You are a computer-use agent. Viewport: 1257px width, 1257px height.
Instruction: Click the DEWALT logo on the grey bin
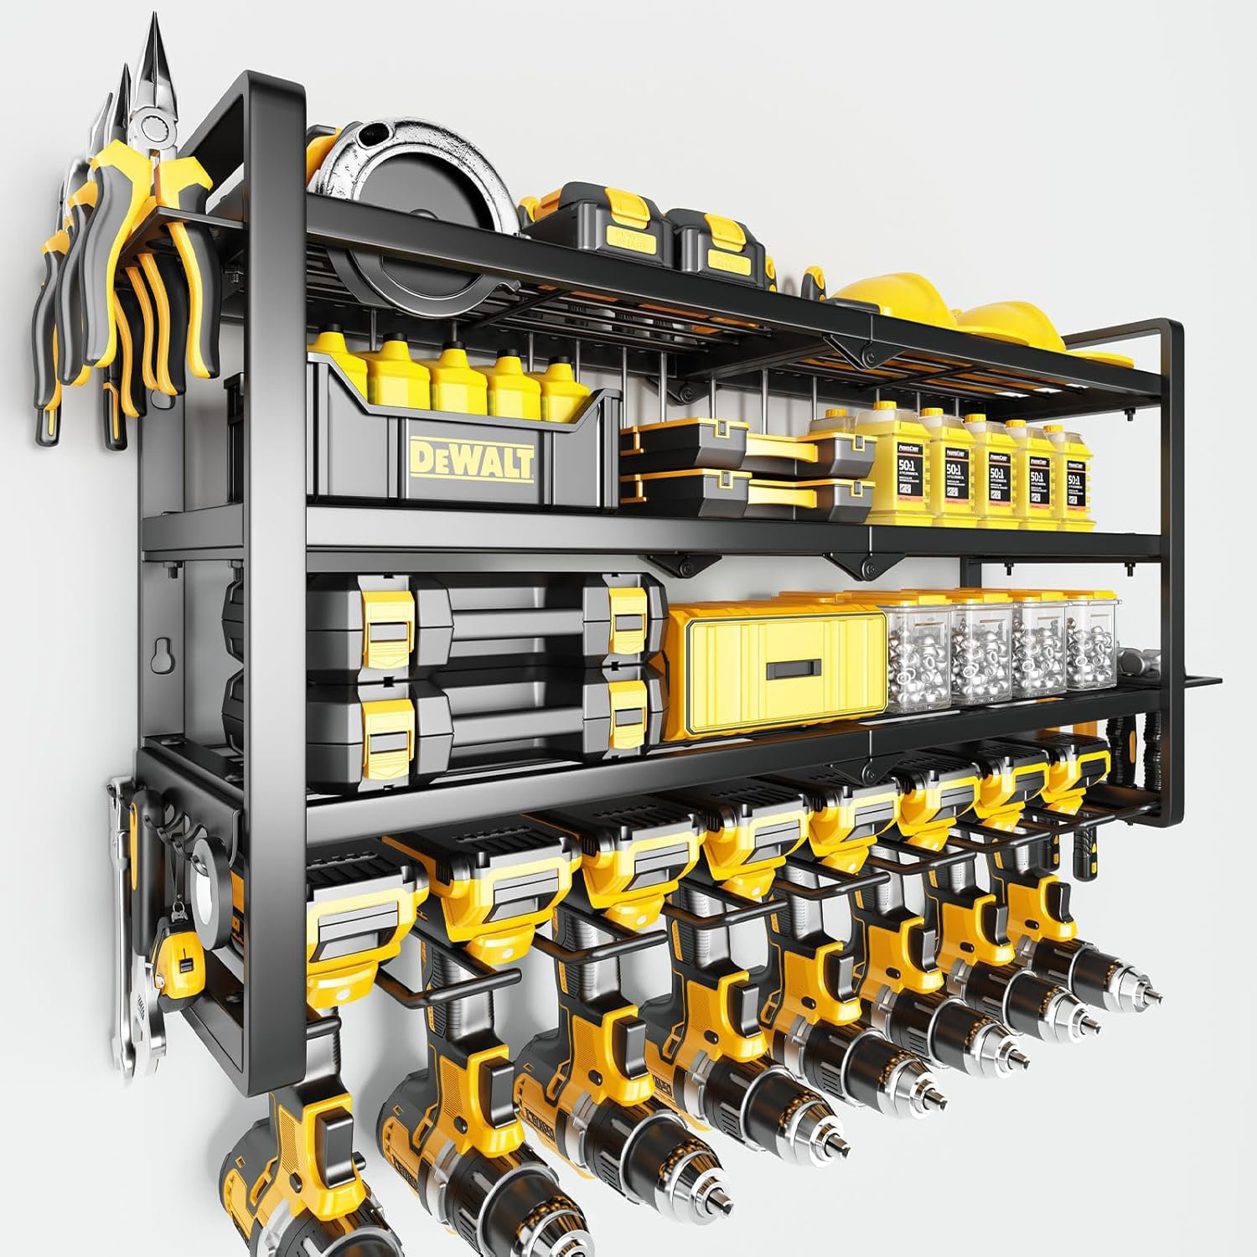coord(471,462)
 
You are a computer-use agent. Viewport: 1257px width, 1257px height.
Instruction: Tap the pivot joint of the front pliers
coord(155,127)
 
